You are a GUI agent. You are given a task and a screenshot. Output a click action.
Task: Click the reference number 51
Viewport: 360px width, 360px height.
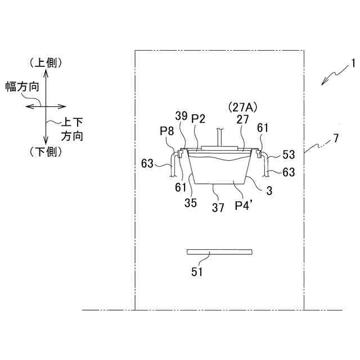(197, 272)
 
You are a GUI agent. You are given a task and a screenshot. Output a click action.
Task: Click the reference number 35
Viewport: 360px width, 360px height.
(191, 203)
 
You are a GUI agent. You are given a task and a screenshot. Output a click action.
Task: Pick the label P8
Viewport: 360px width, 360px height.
(166, 131)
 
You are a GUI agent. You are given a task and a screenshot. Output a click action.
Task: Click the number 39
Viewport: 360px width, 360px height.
(181, 116)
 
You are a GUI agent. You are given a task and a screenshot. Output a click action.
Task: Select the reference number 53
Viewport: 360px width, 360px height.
(289, 154)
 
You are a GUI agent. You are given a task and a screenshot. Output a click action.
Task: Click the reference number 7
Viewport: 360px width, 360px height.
(335, 138)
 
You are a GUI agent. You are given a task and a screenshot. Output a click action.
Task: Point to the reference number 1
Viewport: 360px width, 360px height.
(354, 64)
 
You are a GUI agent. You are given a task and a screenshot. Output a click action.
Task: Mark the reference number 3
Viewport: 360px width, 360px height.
(269, 191)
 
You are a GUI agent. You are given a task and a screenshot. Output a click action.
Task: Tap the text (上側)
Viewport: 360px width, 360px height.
(45, 62)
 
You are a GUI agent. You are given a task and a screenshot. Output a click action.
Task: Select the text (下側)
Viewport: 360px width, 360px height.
(45, 151)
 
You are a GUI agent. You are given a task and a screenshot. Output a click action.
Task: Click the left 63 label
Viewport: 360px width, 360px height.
(147, 164)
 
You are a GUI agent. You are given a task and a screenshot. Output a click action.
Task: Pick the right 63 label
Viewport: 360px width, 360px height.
(289, 172)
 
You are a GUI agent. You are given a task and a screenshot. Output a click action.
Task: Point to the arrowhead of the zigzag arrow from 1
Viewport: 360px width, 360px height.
(322, 84)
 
